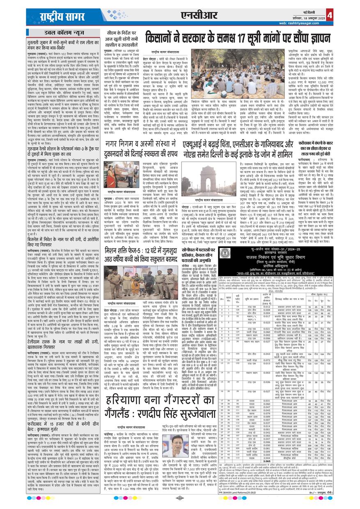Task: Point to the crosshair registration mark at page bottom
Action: [x=179, y=498]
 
